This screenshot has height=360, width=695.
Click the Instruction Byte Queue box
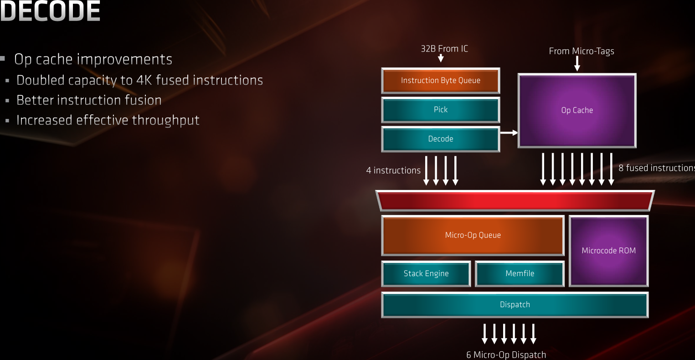(x=440, y=81)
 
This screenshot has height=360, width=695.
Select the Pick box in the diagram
(x=440, y=110)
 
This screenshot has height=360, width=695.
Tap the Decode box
(x=440, y=139)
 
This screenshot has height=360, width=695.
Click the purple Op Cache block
(x=577, y=111)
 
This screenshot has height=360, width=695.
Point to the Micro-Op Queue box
(x=473, y=235)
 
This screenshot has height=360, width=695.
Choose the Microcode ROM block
(x=608, y=251)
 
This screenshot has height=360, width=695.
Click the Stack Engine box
(x=426, y=273)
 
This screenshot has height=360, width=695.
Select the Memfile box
(x=520, y=273)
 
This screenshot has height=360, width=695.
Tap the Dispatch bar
(x=515, y=304)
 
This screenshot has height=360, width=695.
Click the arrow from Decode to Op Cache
(x=509, y=133)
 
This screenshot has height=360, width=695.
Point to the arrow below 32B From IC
(x=441, y=58)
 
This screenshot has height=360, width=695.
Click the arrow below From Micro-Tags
(x=577, y=63)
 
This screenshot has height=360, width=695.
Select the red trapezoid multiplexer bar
(x=515, y=201)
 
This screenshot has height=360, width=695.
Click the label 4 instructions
(x=393, y=170)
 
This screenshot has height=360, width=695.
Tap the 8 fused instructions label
(x=656, y=168)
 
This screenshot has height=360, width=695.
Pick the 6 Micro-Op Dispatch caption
(x=506, y=355)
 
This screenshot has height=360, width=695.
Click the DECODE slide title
(x=50, y=12)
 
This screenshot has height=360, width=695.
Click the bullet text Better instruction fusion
(x=89, y=100)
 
